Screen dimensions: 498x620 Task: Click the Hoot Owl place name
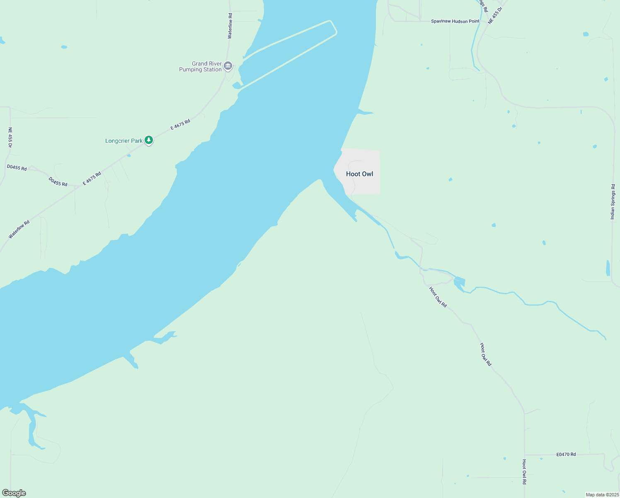coord(359,174)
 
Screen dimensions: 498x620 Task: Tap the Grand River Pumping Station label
coord(201,67)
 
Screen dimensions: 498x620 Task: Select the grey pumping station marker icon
coord(228,66)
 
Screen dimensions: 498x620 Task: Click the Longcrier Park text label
coord(124,141)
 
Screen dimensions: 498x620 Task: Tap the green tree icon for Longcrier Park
coord(149,140)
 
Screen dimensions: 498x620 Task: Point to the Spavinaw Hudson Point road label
coord(455,21)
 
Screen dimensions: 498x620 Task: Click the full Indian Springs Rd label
coord(613,202)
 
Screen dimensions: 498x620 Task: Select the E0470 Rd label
coord(566,454)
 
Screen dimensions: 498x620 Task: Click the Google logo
coord(14,493)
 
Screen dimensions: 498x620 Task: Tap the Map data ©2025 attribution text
coord(602,495)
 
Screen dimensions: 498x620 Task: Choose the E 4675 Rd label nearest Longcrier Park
coord(180,124)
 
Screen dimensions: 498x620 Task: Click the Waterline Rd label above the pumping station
coord(230,26)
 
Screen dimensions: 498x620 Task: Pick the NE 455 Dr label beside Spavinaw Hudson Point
coord(495,15)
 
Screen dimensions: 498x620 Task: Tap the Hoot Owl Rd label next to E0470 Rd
coord(524,472)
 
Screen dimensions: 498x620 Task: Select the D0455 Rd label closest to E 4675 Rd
coord(58,182)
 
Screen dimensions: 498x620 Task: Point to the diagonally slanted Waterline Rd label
coord(19,229)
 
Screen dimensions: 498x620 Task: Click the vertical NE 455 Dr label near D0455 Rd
coord(10,137)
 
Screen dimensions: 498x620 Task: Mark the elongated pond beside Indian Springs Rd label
coord(608,268)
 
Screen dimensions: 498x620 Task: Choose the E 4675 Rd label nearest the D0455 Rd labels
coord(92,178)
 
